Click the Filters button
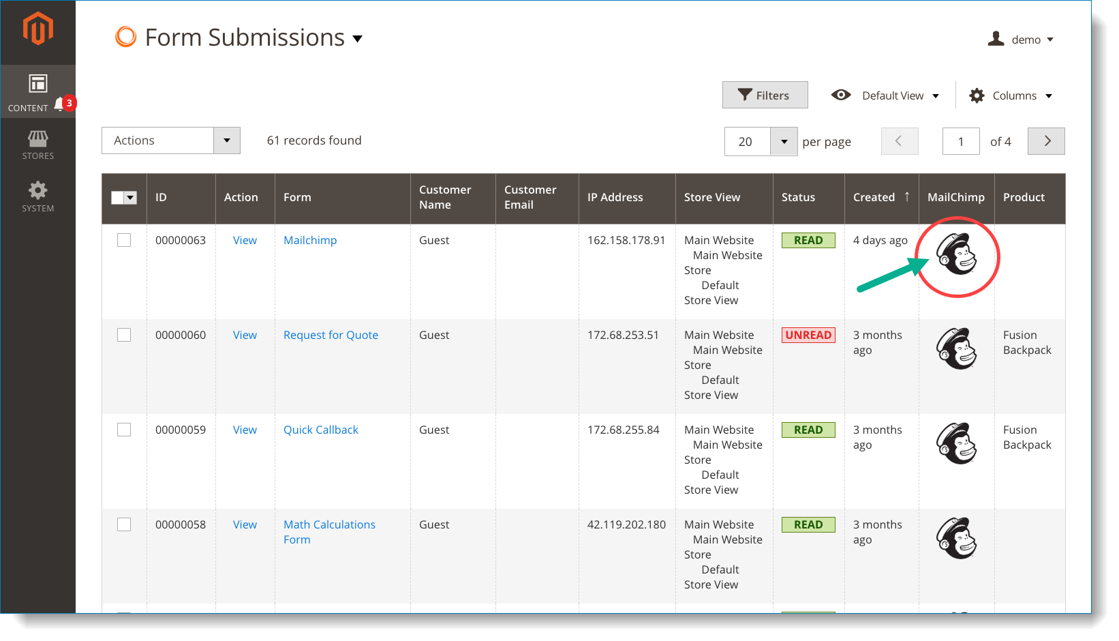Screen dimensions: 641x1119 (765, 95)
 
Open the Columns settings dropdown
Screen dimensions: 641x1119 (1011, 95)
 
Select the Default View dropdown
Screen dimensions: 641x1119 (885, 95)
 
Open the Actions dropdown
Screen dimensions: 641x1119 (170, 140)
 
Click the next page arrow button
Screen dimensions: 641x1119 (1046, 141)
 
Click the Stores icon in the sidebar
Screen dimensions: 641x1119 (38, 145)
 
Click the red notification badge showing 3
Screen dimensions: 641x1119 (69, 103)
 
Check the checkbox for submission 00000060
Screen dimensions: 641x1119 (124, 335)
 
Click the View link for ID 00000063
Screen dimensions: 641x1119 (245, 240)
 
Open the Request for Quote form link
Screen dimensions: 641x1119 (331, 335)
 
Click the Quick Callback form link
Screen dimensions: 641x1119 (320, 430)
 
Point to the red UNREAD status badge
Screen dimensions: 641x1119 (808, 335)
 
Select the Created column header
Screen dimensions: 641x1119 (874, 197)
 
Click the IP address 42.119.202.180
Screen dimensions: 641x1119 (626, 524)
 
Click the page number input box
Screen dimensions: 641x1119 (960, 141)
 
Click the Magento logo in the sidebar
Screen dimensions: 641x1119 (38, 29)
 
